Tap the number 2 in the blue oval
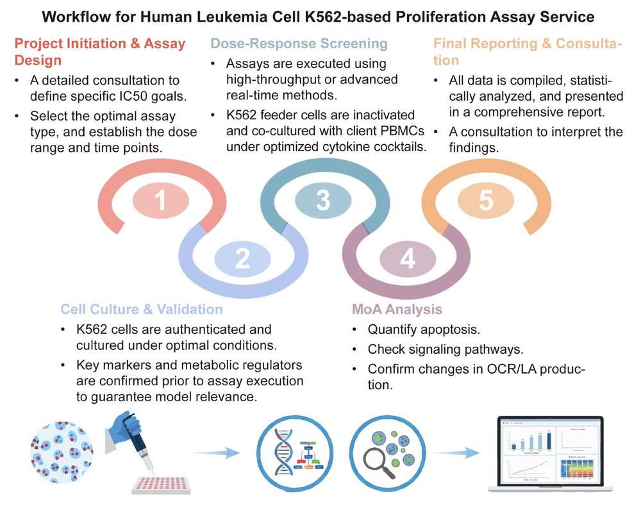pos(242,258)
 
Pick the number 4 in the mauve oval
pos(408,259)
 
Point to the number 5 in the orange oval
pos(485,201)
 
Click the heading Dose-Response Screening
pos(299,44)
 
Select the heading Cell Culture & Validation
pos(142,310)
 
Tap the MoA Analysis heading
pos(397,310)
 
